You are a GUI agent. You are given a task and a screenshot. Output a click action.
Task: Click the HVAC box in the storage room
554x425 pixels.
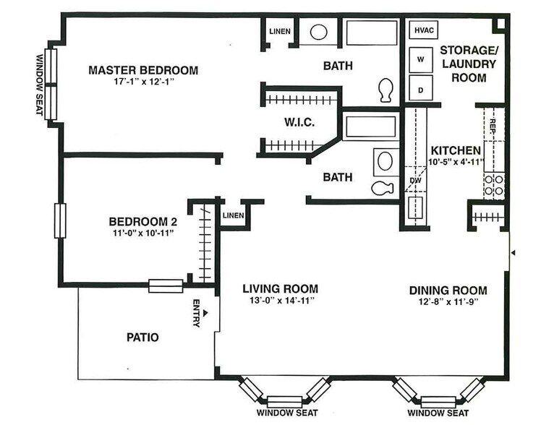pyautogui.click(x=422, y=30)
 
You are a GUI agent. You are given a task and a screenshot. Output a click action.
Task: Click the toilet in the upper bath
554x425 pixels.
pyautogui.click(x=386, y=90)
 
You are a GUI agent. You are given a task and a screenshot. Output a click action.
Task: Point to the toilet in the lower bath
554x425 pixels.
pyautogui.click(x=380, y=188)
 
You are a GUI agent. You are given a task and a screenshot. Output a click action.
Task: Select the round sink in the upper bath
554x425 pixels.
pyautogui.click(x=318, y=33)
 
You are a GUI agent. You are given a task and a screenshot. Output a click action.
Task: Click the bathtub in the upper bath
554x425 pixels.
pyautogui.click(x=372, y=33)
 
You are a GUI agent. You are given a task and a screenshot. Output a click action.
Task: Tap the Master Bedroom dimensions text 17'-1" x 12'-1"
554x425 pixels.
pyautogui.click(x=143, y=82)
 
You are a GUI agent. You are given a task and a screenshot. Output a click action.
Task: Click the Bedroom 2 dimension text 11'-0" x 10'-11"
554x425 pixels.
pyautogui.click(x=142, y=233)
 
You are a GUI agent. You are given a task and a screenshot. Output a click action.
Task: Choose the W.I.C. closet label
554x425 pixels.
pyautogui.click(x=298, y=122)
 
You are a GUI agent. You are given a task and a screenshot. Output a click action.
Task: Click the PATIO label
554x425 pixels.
pyautogui.click(x=142, y=337)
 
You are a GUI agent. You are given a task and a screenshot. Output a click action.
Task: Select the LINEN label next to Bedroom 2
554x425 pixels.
pyautogui.click(x=233, y=215)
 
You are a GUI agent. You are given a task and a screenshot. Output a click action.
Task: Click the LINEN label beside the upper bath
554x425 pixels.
pyautogui.click(x=279, y=31)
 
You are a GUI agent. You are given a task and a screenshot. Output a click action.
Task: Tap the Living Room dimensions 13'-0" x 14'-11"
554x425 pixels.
pyautogui.click(x=279, y=301)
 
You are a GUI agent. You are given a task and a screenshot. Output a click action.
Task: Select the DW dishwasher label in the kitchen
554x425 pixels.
pyautogui.click(x=415, y=180)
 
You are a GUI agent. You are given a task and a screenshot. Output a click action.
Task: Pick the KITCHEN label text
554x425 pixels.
pyautogui.click(x=455, y=150)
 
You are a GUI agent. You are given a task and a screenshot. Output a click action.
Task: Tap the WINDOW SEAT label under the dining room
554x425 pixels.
pyautogui.click(x=437, y=413)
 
